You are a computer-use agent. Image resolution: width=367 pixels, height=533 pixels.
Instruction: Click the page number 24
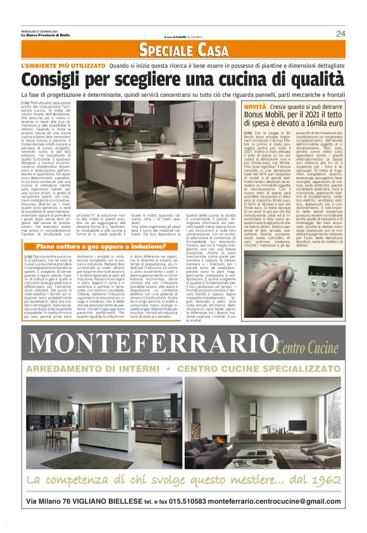(340, 34)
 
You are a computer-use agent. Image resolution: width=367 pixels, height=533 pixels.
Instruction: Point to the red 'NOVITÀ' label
(256, 108)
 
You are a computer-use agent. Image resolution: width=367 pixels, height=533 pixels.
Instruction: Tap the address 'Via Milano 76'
(56, 502)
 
